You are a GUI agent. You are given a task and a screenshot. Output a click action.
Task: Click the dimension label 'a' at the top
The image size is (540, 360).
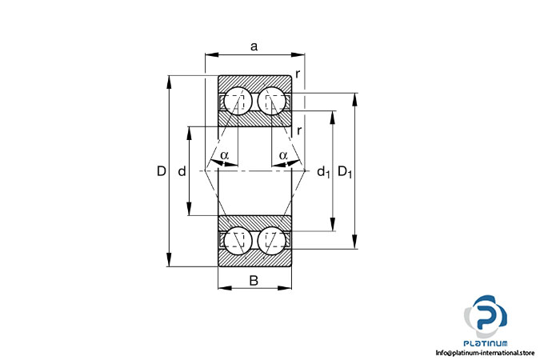click(254, 46)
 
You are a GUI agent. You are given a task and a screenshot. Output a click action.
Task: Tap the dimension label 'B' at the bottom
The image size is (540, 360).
click(254, 281)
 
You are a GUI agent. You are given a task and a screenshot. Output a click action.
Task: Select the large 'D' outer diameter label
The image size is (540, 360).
click(162, 171)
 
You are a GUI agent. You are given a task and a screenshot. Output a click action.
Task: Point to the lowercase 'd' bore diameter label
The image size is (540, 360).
click(182, 171)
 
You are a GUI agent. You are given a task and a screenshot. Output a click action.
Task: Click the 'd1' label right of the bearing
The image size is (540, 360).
click(323, 171)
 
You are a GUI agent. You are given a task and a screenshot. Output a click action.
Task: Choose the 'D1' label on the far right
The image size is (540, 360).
click(345, 171)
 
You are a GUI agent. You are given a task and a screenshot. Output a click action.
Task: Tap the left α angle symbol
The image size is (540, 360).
click(225, 155)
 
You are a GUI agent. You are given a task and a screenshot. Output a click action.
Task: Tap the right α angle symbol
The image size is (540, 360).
click(283, 155)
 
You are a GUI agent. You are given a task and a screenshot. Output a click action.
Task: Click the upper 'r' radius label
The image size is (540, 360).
click(298, 74)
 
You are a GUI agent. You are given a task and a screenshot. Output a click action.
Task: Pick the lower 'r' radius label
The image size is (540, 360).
click(299, 130)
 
